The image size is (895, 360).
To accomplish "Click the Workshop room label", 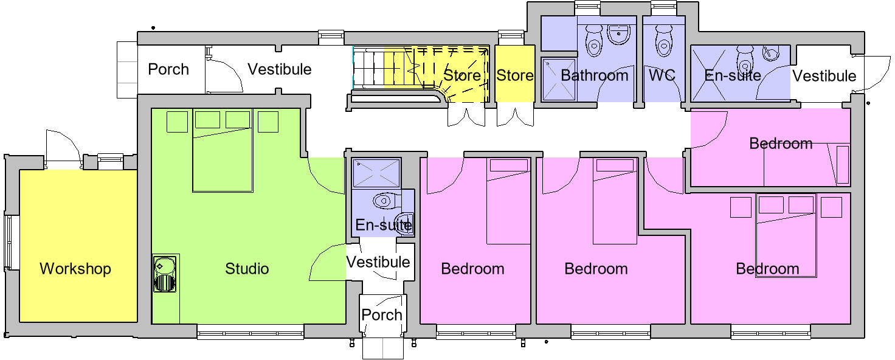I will click(75, 269).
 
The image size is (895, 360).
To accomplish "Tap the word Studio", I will click(247, 269).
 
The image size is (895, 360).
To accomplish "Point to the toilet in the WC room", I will click(663, 41).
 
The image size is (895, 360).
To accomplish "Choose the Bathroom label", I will click(594, 75).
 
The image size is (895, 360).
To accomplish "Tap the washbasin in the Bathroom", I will click(619, 33).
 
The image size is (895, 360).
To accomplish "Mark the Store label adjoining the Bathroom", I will click(515, 75).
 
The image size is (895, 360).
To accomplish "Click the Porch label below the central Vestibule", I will click(382, 315).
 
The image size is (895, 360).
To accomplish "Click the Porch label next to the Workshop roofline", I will click(168, 69).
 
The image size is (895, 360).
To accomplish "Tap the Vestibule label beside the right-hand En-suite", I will click(824, 76).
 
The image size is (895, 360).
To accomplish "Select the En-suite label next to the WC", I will click(732, 75).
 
